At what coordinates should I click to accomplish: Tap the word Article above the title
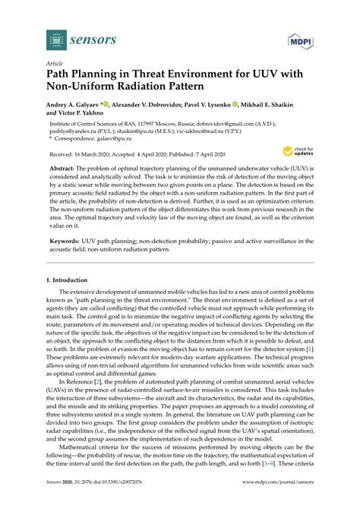pyautogui.click(x=55, y=65)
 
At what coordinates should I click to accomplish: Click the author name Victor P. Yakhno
pyautogui.click(x=76, y=115)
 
